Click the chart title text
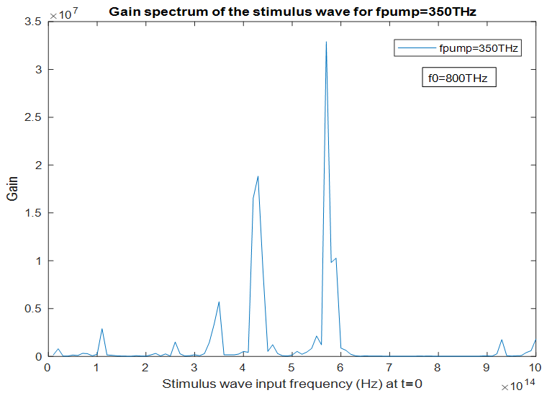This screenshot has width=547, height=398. [x=291, y=12]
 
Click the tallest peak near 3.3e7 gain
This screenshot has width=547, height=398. [x=326, y=42]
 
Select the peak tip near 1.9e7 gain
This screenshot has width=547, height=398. [x=258, y=176]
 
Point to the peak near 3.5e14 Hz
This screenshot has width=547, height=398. [x=219, y=302]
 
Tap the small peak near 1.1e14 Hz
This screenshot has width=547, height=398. [x=102, y=329]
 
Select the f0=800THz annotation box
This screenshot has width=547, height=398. [x=459, y=78]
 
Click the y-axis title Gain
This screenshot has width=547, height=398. [x=13, y=189]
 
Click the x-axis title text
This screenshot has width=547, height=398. [x=292, y=383]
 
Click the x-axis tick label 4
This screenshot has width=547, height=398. [x=243, y=367]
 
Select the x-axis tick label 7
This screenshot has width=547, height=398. [x=389, y=367]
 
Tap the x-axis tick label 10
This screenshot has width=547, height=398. [x=535, y=367]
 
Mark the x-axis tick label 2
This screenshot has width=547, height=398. [x=145, y=367]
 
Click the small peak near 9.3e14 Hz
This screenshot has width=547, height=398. [x=502, y=340]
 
